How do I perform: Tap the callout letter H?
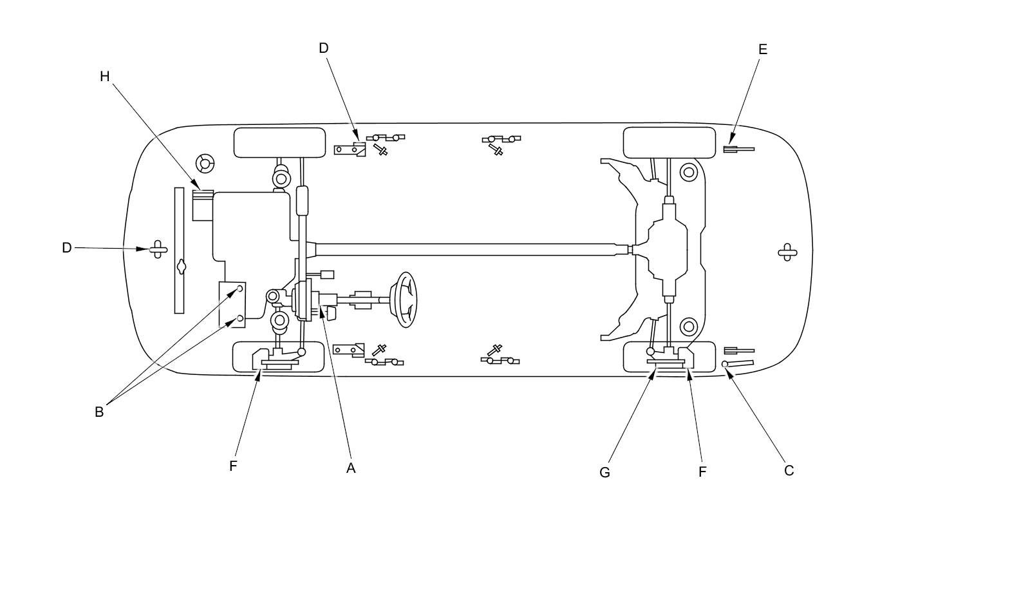(x=105, y=77)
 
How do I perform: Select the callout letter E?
(x=763, y=49)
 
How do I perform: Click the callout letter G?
(x=604, y=472)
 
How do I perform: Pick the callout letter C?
(x=789, y=470)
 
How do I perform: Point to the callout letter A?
(x=351, y=468)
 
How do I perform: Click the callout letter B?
(x=99, y=412)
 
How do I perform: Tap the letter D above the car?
(x=324, y=48)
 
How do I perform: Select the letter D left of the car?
(x=67, y=248)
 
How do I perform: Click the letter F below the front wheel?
(x=233, y=466)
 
